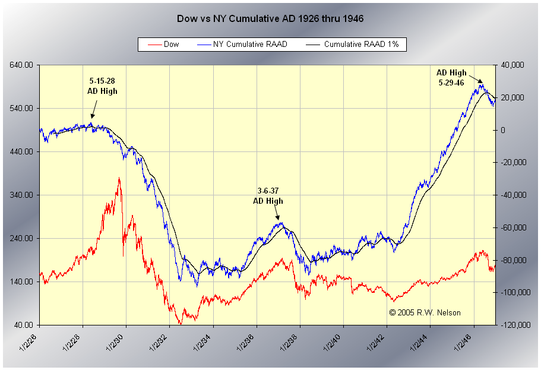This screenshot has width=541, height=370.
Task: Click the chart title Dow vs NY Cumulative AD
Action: pos(270,18)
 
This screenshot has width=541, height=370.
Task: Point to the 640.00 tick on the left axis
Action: pos(21,65)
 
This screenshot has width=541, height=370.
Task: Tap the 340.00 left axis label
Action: pos(21,195)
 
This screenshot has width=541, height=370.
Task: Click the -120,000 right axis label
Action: pos(512,325)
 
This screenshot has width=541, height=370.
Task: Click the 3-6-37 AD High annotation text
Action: pos(268,195)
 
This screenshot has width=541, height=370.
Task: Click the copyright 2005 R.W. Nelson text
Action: pos(425,312)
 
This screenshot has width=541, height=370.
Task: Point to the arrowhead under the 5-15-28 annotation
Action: pos(92,117)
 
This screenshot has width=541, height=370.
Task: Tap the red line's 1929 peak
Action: pos(119,178)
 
